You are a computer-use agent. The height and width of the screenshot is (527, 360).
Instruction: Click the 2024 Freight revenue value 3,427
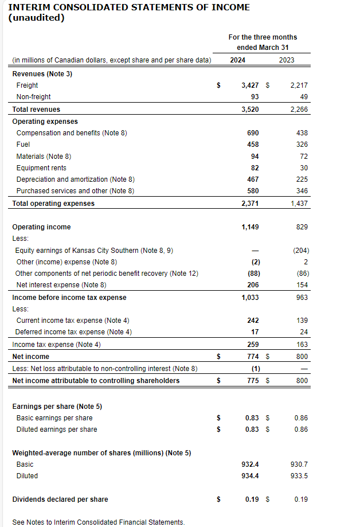251,85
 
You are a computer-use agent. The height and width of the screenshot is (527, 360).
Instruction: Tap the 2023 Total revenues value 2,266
299,110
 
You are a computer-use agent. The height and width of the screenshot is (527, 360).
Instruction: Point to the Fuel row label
24,145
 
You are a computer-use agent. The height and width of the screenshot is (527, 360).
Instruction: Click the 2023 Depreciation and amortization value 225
302,179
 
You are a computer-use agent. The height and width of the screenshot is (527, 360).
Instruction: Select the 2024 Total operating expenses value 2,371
250,204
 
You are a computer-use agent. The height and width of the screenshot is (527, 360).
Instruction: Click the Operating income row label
41,227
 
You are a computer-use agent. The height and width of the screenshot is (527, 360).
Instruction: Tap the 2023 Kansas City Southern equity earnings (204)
300,250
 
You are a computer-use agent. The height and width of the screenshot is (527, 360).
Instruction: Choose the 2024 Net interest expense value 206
253,285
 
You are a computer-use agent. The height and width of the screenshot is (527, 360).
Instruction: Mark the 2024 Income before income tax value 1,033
250,298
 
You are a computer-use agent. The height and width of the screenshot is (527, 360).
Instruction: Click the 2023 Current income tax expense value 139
302,321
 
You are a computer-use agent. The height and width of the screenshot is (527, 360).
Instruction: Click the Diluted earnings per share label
57,430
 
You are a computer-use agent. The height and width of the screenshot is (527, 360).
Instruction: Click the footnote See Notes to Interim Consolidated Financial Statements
99,522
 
